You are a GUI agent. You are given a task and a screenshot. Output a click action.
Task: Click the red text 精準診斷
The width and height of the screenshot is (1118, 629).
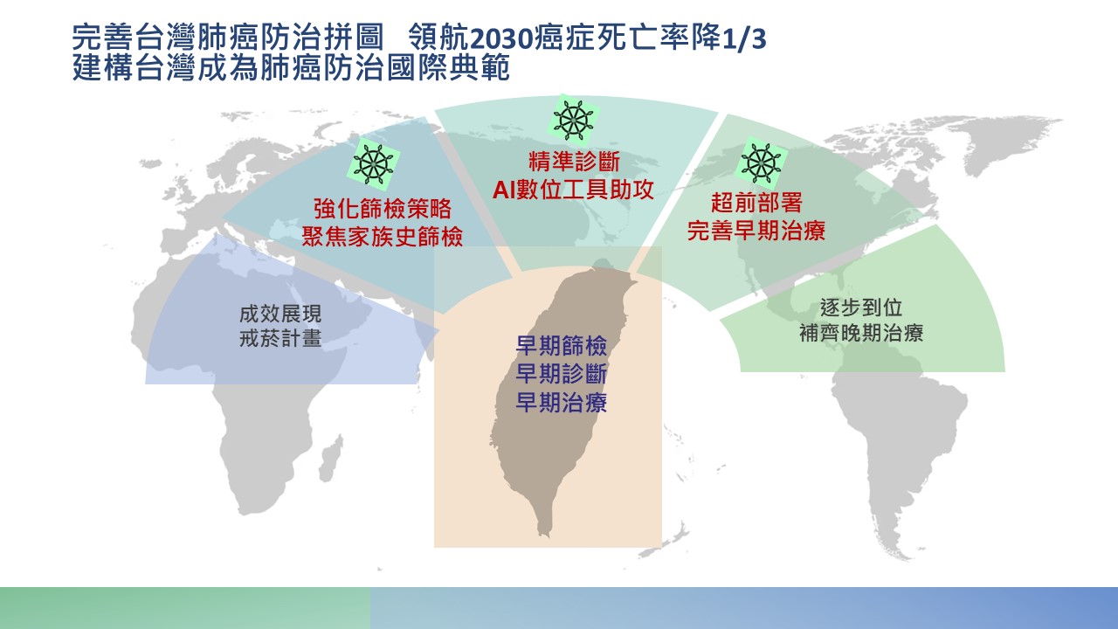[573, 163]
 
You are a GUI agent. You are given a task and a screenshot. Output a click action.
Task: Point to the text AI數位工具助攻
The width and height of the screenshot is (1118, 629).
[573, 190]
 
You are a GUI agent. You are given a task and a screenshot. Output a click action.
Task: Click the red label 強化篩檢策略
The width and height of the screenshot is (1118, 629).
[383, 209]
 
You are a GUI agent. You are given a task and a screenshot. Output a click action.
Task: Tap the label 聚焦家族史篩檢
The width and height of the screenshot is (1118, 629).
[383, 235]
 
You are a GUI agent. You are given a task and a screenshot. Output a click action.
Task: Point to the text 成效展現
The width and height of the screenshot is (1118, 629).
[280, 313]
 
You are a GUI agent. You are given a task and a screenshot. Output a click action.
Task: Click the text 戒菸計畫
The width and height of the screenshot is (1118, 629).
[280, 339]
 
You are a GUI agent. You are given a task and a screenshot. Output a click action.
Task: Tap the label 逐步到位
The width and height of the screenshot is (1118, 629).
[861, 308]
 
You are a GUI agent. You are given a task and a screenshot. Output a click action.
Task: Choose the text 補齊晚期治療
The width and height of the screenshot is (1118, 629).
[861, 333]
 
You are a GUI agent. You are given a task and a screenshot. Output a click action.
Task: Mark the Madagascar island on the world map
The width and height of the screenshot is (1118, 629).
[330, 460]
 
